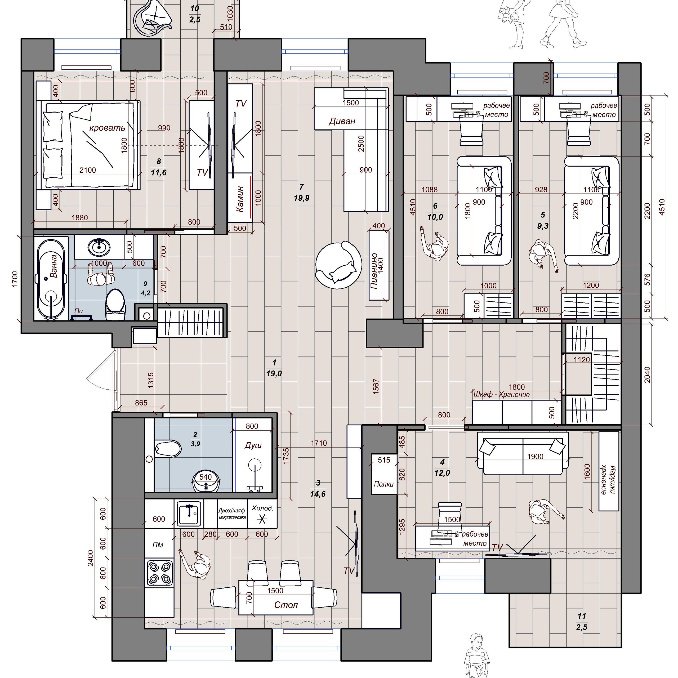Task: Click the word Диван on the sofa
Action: tap(342, 121)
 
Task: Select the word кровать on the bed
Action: tap(107, 128)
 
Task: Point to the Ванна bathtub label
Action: tap(53, 266)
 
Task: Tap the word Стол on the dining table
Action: tap(286, 605)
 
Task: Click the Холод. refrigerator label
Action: tap(262, 508)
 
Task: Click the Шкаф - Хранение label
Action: tap(501, 394)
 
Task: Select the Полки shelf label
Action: tap(383, 484)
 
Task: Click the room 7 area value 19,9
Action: tap(301, 198)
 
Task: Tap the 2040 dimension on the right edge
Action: tap(648, 374)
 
